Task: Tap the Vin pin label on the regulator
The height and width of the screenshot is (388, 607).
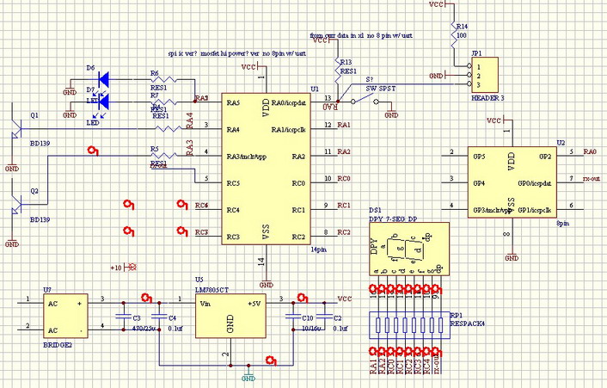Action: (206, 304)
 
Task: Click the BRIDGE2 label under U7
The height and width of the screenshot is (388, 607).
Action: (57, 342)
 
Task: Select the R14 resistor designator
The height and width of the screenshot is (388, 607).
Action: (462, 27)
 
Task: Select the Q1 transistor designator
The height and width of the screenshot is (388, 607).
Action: (34, 114)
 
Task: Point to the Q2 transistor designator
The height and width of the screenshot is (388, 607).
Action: (34, 190)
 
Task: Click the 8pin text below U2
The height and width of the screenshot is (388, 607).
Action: (562, 222)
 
